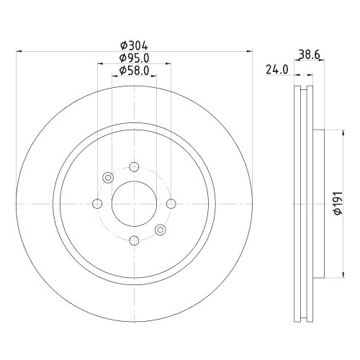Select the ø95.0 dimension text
pos(134,58)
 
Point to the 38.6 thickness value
pos(309,53)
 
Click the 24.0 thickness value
pos(279,70)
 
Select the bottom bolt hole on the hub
pos(134,241)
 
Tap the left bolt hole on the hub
pos(96,204)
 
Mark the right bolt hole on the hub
pos(171,204)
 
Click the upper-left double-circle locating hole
pos(108,178)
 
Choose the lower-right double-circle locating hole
pos(160,230)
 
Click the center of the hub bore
pos(134,204)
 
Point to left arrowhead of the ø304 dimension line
pos(17,51)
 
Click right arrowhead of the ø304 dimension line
pos(251,51)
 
